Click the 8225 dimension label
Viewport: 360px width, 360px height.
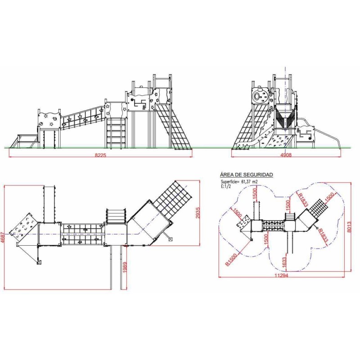click(x=100, y=155)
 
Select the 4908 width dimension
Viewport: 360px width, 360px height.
click(x=286, y=155)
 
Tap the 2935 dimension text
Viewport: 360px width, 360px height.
click(x=198, y=212)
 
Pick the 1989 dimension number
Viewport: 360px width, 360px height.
click(x=125, y=267)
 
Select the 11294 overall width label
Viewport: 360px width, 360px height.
click(x=281, y=275)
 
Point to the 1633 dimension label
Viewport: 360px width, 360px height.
click(x=284, y=262)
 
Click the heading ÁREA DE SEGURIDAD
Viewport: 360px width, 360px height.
click(x=247, y=175)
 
